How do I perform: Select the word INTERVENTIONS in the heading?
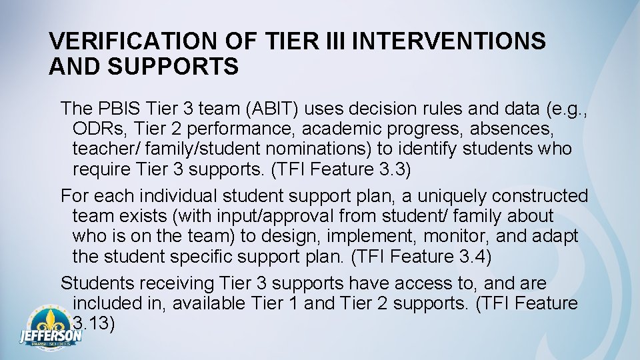(x=449, y=41)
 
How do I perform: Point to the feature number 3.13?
(x=93, y=324)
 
